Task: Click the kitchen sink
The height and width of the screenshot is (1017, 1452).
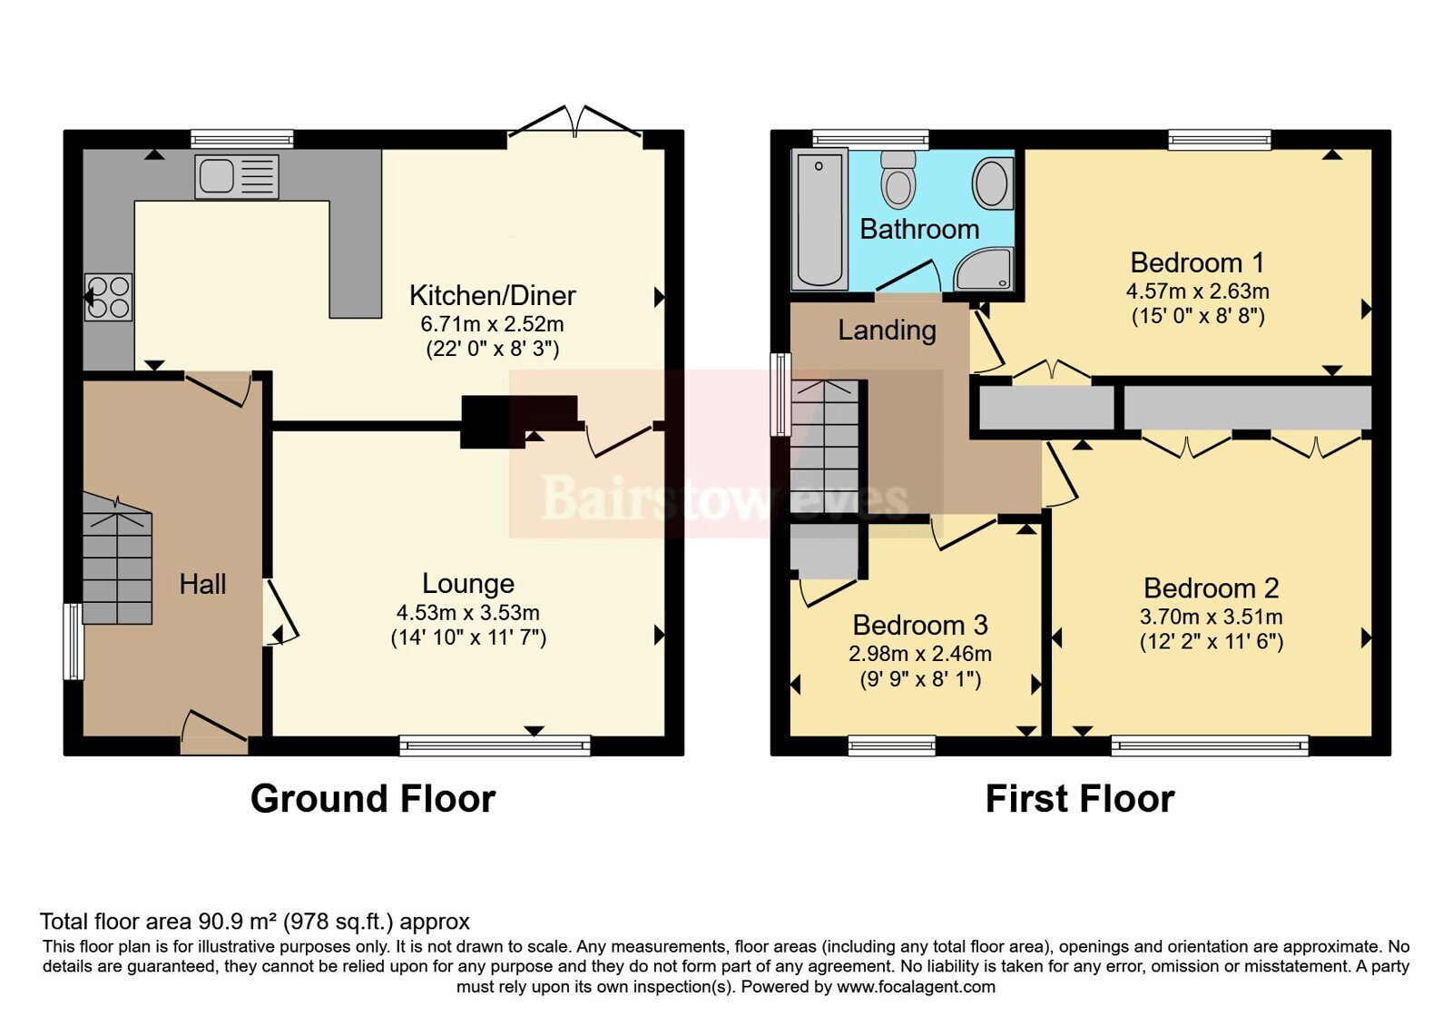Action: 237,176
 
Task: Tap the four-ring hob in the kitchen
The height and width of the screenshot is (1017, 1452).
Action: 108,297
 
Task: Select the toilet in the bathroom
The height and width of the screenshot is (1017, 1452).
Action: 898,179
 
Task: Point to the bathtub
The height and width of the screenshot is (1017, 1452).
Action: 819,219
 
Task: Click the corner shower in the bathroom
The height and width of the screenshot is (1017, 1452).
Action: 984,269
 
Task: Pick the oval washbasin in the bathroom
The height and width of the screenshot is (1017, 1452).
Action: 993,183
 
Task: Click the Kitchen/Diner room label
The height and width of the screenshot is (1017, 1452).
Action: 493,296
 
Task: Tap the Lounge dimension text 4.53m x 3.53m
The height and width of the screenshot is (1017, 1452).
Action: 468,612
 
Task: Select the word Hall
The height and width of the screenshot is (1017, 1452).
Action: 202,585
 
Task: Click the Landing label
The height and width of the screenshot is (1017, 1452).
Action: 887,331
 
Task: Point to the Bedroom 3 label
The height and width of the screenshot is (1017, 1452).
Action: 920,626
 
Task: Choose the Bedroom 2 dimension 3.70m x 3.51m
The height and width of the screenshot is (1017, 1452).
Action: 1211,617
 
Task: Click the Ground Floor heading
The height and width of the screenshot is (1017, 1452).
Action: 373,798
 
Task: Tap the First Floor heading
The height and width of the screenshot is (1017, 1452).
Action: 1080,798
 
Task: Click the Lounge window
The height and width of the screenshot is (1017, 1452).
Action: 495,745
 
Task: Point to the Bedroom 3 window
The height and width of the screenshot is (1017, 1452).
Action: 892,745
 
